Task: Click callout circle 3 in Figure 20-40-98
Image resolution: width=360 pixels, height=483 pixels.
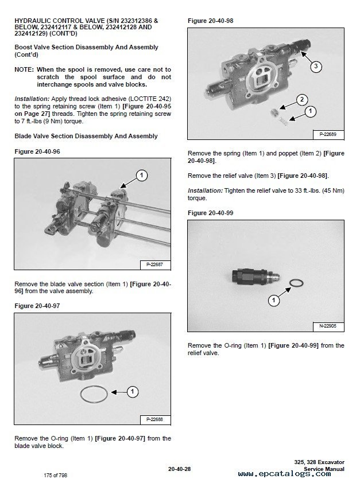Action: [x=316, y=66]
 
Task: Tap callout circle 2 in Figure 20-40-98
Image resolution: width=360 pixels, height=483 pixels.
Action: [x=302, y=99]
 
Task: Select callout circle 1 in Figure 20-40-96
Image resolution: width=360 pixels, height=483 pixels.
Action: [x=141, y=176]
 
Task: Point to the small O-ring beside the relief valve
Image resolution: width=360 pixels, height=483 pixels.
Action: [x=296, y=283]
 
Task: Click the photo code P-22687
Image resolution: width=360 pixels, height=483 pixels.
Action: [x=156, y=264]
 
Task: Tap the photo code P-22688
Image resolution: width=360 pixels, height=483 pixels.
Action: [x=156, y=419]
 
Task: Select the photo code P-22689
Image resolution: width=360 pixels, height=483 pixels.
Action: [x=328, y=134]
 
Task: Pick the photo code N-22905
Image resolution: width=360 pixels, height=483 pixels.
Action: [x=328, y=326]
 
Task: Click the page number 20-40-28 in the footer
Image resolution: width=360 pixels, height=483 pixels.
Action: [x=179, y=469]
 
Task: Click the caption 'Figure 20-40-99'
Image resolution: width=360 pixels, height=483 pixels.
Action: [x=211, y=213]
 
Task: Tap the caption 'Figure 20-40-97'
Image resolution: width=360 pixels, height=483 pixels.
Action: [x=37, y=306]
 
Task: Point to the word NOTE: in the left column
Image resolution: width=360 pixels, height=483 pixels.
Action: [x=24, y=69]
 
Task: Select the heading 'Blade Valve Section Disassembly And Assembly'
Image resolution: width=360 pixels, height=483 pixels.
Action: [x=86, y=136]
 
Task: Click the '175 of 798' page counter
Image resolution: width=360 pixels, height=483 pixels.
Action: [x=56, y=476]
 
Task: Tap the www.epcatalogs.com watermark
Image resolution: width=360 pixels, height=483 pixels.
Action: [x=284, y=474]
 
